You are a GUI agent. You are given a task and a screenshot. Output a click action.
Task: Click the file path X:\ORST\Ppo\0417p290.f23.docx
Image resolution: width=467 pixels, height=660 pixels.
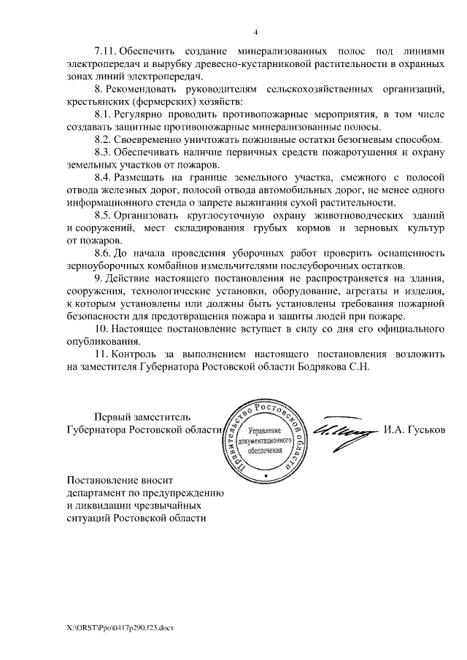coord(122,627)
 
